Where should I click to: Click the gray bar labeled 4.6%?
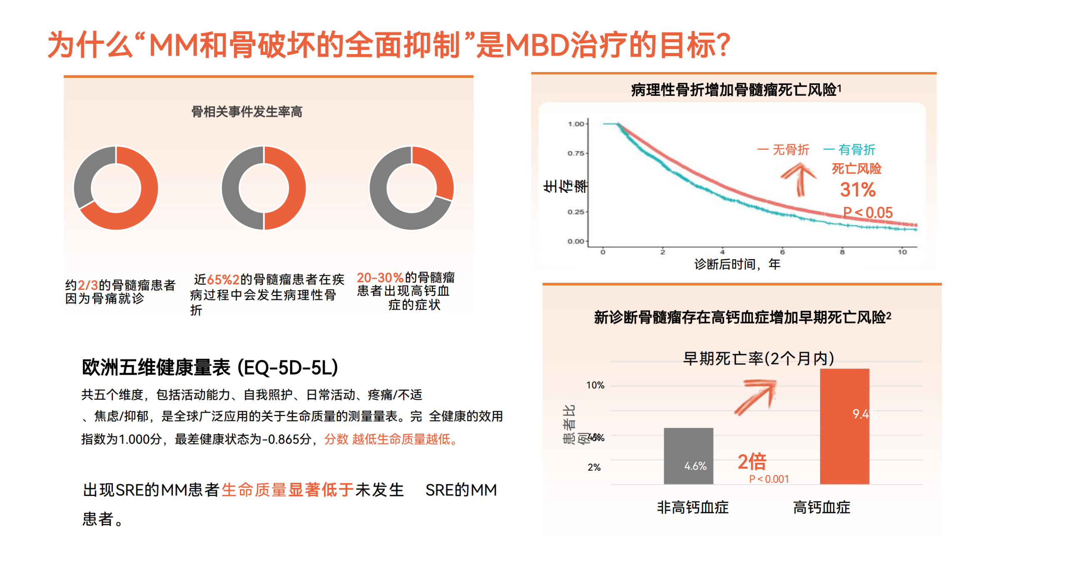(688, 456)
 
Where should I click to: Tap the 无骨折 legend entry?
(783, 150)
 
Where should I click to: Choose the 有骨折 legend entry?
(849, 150)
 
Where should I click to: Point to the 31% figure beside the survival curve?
(858, 190)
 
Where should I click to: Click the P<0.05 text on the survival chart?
(868, 213)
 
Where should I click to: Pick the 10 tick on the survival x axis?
(902, 252)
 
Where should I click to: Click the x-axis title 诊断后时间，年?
(737, 264)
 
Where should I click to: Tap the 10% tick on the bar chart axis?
(595, 385)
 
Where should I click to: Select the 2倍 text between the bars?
(752, 461)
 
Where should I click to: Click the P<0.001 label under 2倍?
(769, 479)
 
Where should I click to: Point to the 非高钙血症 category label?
(692, 507)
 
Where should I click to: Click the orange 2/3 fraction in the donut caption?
(88, 285)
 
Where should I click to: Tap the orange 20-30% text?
(380, 278)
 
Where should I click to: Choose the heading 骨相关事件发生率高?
(247, 112)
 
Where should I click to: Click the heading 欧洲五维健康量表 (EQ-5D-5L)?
(210, 367)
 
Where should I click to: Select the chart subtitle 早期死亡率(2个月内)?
(758, 358)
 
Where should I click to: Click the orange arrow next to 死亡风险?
(799, 178)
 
